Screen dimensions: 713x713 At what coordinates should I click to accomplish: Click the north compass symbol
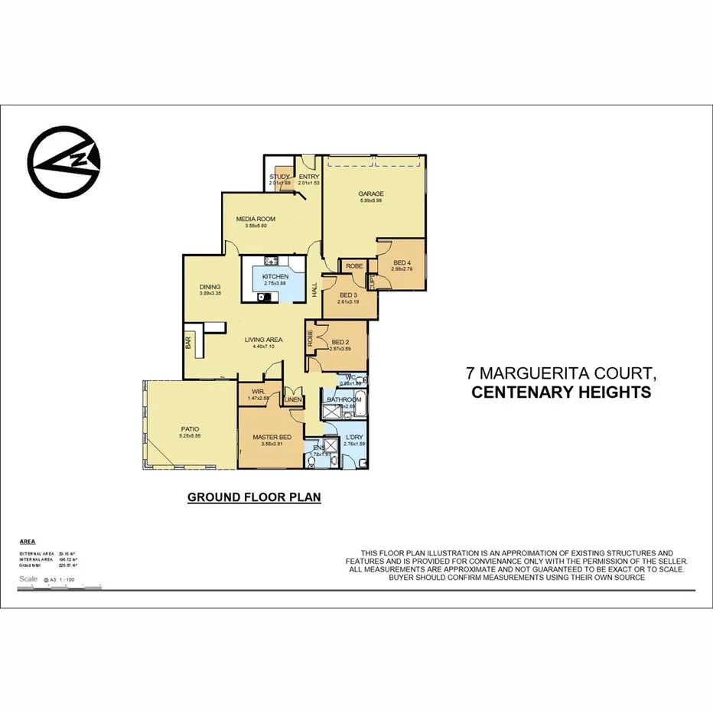(64, 163)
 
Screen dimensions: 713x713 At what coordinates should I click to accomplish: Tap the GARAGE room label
(371, 194)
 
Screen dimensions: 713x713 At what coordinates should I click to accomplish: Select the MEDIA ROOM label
(255, 220)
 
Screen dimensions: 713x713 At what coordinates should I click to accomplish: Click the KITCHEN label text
(275, 276)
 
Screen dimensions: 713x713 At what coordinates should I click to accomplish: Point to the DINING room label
(210, 288)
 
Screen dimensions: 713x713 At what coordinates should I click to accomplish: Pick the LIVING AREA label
(264, 340)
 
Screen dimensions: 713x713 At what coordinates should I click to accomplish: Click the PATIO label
(189, 430)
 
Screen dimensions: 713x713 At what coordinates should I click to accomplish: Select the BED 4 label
(402, 263)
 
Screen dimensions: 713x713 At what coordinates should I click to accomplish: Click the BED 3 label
(348, 295)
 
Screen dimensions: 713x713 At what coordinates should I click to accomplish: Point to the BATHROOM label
(344, 399)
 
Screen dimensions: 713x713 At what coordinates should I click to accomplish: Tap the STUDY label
(279, 177)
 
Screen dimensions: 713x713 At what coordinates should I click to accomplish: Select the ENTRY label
(308, 177)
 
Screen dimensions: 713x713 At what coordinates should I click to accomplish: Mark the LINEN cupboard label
(293, 399)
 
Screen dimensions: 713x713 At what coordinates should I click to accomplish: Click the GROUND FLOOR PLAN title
(254, 497)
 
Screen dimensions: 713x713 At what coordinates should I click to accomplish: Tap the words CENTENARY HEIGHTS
(561, 392)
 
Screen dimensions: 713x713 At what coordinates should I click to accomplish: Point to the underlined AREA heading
(28, 540)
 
